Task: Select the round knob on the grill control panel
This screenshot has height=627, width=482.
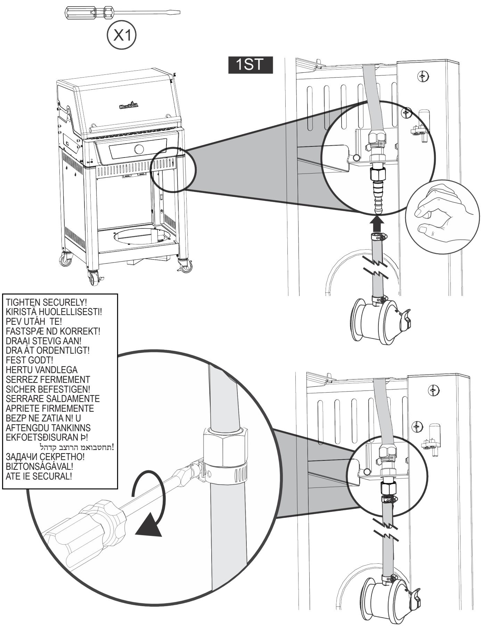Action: point(139,150)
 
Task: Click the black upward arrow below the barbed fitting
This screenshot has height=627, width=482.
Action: point(377,223)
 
